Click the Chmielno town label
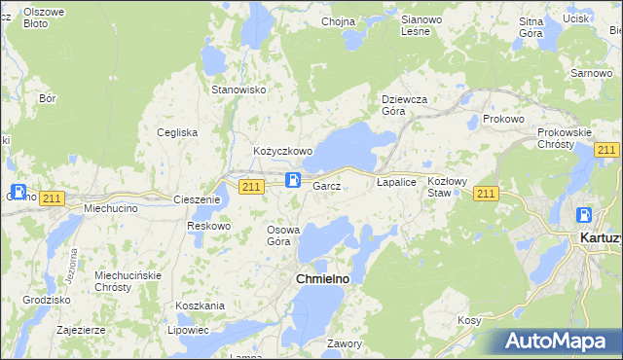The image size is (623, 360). coord(322,279)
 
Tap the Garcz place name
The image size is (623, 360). coord(326,186)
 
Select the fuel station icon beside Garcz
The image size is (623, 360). coord(293,179)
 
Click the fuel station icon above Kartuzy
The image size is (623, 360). coord(584,216)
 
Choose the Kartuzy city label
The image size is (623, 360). coord(600,237)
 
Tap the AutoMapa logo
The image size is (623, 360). coord(564,342)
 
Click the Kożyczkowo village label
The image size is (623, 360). coord(282,152)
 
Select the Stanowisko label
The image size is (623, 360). coord(239,90)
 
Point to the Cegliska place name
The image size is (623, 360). coord(178,132)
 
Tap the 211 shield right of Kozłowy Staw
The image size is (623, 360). coord(487,195)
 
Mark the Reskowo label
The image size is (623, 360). coord(208,226)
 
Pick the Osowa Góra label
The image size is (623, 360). coord(284,235)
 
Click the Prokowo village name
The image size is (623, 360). coord(503,119)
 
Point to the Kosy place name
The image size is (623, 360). coord(470,320)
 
